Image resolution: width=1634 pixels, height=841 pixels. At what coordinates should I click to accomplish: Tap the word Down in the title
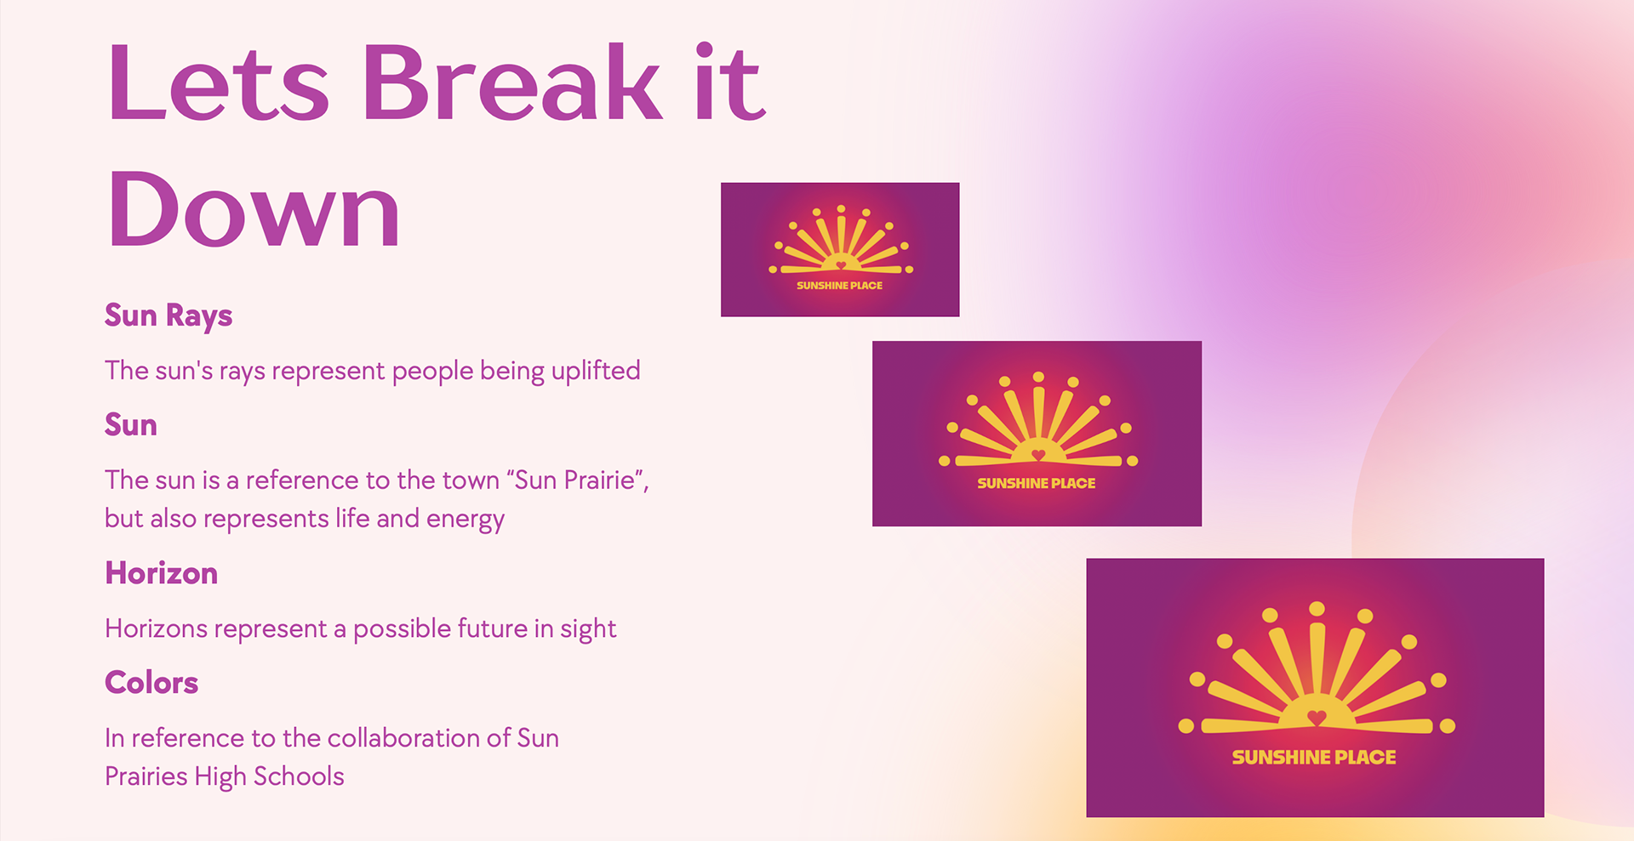click(254, 209)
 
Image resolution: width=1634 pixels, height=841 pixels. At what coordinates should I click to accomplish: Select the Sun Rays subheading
click(169, 315)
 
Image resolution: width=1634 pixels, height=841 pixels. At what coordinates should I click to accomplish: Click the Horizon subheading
click(162, 573)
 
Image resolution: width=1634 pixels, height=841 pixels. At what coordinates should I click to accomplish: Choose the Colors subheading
click(151, 683)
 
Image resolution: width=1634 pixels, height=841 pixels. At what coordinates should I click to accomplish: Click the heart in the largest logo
click(1317, 718)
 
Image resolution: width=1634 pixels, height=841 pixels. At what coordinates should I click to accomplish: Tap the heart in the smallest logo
click(841, 265)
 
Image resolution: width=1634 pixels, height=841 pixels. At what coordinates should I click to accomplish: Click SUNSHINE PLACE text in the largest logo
click(1314, 758)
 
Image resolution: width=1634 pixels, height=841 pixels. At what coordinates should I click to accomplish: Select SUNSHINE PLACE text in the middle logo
click(1037, 483)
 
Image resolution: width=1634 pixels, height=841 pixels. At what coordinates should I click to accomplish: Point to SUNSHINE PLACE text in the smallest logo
click(839, 286)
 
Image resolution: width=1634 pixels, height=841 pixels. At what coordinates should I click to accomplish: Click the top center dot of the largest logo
click(1317, 608)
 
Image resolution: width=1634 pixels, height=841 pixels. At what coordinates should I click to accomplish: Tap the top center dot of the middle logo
click(1038, 377)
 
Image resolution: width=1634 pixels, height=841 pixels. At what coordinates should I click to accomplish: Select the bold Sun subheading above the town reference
click(131, 424)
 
